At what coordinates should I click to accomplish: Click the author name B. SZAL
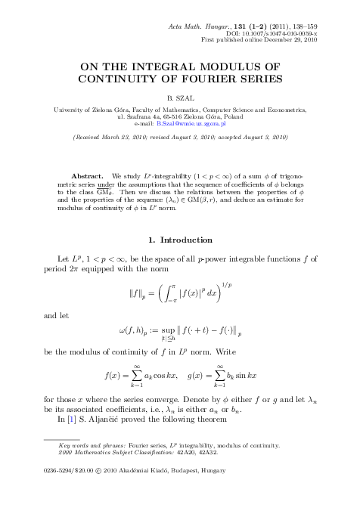tap(180, 98)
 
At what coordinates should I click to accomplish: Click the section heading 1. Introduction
tap(180, 240)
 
